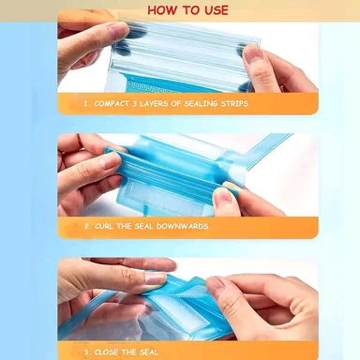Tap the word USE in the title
coord(217,10)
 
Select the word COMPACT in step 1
coord(112,103)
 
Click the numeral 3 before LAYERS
coord(134,103)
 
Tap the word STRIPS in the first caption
coord(234,103)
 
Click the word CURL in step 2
coord(104,226)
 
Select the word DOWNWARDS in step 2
coord(182,226)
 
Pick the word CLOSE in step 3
coord(106,352)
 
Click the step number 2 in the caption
coord(86,226)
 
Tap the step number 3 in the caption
coord(86,352)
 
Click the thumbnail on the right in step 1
coord(253,54)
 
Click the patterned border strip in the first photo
coord(152,87)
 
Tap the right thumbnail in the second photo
coord(222,197)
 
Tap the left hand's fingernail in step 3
coord(157,278)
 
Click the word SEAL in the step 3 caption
coord(148,352)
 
